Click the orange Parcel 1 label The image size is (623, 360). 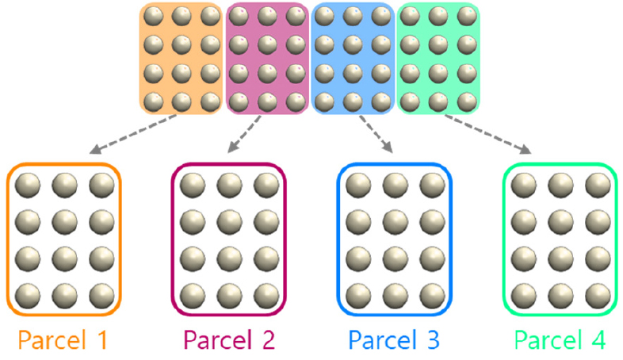63,340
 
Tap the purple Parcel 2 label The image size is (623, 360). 229,340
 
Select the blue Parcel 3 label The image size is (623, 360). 394,340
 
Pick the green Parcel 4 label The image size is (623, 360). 560,340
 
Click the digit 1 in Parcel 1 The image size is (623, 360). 102,340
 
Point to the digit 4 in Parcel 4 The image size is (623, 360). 598,340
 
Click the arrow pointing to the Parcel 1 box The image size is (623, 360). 133,134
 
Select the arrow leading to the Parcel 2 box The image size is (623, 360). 244,134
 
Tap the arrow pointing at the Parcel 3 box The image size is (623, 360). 376,134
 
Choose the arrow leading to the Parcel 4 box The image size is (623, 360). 488,134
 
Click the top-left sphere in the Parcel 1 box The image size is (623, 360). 28,186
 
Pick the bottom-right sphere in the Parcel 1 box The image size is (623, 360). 101,296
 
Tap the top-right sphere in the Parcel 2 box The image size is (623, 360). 266,186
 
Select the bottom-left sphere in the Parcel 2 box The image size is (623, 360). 193,296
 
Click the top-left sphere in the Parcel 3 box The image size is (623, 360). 358,186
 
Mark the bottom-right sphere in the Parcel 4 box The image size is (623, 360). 598,296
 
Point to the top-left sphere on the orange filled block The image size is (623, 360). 153,17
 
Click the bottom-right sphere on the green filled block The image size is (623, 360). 468,102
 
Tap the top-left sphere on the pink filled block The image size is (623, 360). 239,17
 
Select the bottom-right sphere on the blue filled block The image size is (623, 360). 381,102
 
